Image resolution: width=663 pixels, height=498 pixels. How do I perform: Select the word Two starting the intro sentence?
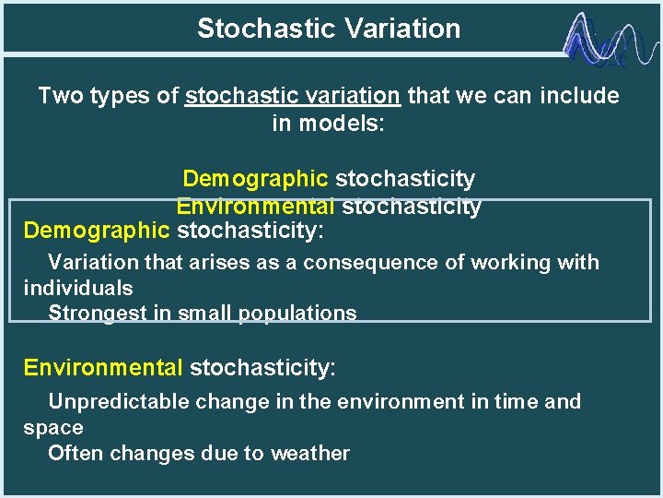tap(62, 96)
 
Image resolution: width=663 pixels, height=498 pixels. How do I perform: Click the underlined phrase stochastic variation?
tap(293, 96)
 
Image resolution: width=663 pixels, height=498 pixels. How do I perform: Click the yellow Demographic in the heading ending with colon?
tap(97, 229)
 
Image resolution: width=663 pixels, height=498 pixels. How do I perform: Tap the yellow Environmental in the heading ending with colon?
tap(103, 369)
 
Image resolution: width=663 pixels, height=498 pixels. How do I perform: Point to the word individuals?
tap(78, 289)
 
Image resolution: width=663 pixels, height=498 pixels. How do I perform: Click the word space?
tap(53, 428)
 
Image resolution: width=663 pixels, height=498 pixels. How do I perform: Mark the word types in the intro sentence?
tap(119, 96)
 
